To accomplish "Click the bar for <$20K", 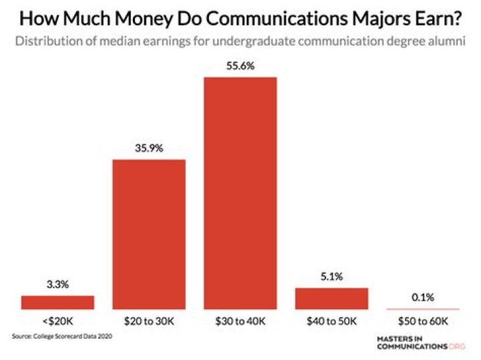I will (57, 302).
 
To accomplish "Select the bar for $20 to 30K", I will (149, 234).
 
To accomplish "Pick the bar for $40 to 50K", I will (332, 299).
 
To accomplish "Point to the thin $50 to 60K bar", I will (424, 309).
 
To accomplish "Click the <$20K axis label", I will (57, 321).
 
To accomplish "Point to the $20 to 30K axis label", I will (149, 321).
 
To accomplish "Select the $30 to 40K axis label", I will (240, 321).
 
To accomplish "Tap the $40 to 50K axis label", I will (332, 321).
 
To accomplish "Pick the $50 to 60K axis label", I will (424, 321).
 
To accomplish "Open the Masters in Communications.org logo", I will (421, 343).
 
